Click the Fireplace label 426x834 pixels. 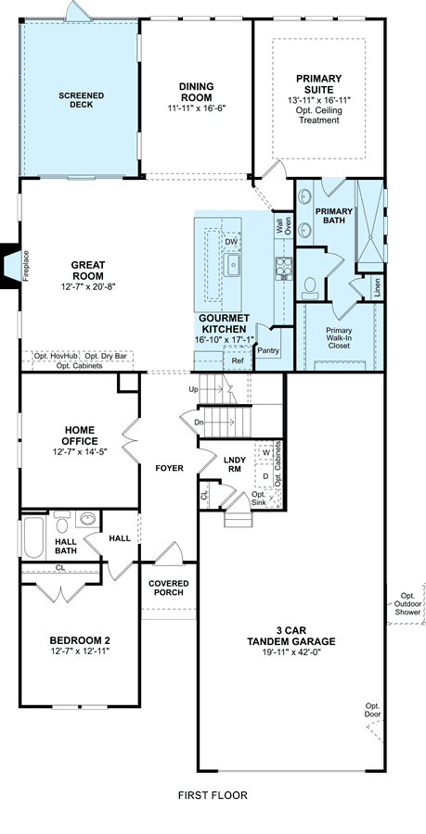point(26,266)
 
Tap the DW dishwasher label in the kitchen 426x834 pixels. point(230,243)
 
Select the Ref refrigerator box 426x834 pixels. point(237,360)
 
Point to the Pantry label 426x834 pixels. point(268,350)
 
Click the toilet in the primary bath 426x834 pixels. point(309,288)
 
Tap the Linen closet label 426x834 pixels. point(378,287)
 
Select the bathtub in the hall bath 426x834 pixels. point(33,537)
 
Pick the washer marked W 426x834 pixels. point(265,452)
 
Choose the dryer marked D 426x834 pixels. point(265,475)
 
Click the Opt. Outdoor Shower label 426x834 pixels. point(407,603)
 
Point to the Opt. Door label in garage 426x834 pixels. point(373,710)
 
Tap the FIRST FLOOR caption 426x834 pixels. point(213,795)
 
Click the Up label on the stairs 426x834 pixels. point(193,389)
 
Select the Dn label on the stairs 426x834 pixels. point(199,422)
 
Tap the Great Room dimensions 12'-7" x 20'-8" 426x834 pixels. point(88,286)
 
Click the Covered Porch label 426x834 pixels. point(169,588)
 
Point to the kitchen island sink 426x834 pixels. point(233,265)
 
